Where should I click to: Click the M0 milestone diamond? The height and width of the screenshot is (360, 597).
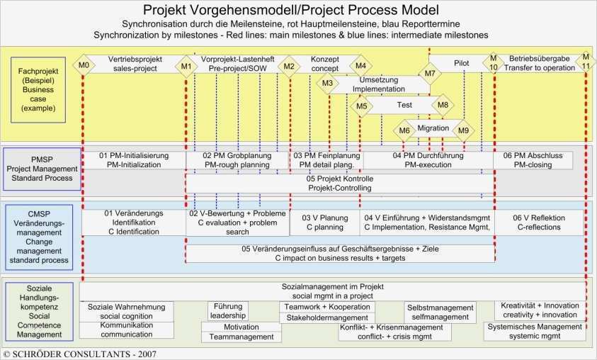tap(84, 66)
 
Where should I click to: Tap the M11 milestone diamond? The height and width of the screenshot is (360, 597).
tap(585, 61)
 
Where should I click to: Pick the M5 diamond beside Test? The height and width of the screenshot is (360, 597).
tap(361, 106)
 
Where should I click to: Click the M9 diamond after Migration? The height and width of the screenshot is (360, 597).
tap(463, 130)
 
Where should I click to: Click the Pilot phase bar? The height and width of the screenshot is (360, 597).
tap(461, 63)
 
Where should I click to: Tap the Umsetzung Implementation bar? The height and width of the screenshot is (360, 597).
tap(379, 85)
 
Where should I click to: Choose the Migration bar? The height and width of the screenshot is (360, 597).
tap(433, 128)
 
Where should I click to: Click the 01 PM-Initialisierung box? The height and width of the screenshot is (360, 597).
tap(134, 159)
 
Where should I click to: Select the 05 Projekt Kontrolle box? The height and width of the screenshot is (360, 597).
tap(339, 184)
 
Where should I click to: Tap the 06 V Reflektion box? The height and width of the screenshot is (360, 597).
tap(539, 223)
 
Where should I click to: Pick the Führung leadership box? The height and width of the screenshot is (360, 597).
tap(227, 311)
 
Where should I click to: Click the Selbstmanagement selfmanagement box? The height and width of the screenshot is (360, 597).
tap(439, 313)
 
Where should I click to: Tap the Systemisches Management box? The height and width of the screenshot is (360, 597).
tap(535, 331)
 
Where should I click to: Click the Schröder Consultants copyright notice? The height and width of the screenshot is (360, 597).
tap(79, 353)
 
